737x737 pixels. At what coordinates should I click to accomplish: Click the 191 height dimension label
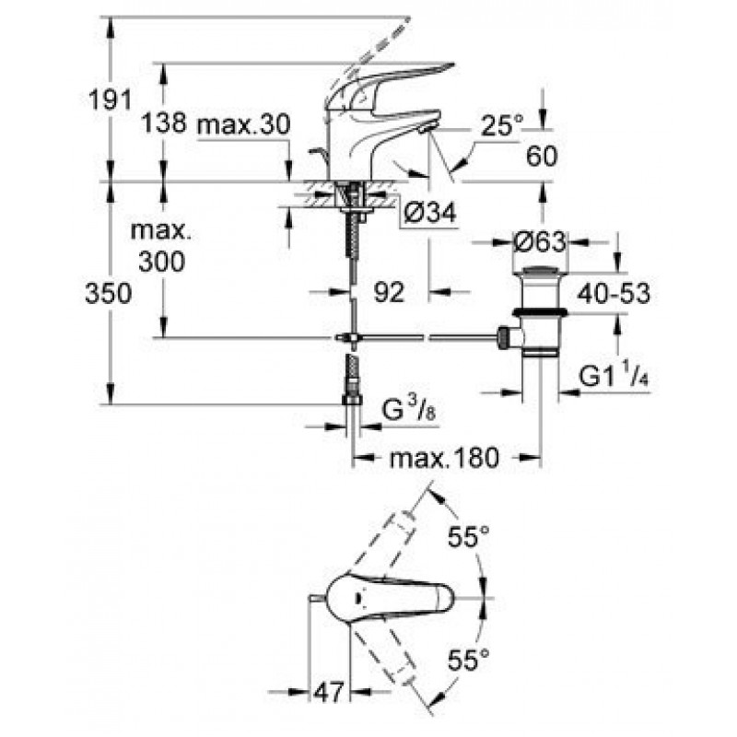(x=111, y=99)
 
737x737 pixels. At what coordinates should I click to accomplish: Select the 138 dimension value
(x=164, y=123)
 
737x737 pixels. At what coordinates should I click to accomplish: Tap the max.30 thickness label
(x=243, y=124)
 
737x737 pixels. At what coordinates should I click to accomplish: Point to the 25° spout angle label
(x=501, y=125)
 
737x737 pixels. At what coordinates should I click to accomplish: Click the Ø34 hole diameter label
(x=430, y=213)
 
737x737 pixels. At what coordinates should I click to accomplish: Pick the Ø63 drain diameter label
(x=539, y=242)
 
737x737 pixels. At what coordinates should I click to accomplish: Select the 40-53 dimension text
(x=614, y=293)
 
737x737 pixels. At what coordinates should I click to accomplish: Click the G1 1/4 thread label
(x=614, y=376)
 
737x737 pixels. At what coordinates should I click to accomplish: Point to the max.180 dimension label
(x=444, y=457)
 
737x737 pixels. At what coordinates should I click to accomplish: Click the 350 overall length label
(x=108, y=294)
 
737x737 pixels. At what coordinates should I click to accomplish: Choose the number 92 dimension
(x=389, y=292)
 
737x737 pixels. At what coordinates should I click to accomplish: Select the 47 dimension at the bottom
(x=328, y=693)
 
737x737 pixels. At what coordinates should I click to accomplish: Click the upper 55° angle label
(x=469, y=536)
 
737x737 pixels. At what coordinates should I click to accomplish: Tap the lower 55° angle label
(x=469, y=660)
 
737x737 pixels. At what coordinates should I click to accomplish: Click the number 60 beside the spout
(x=542, y=156)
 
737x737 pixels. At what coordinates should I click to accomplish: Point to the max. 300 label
(x=161, y=246)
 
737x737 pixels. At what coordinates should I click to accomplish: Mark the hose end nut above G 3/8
(x=352, y=400)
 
